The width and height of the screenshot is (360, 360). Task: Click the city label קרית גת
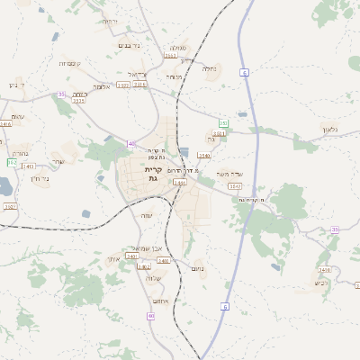pyautogui.click(x=152, y=174)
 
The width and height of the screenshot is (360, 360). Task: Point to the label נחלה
pyautogui.click(x=211, y=68)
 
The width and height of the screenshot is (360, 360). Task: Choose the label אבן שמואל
pyautogui.click(x=147, y=248)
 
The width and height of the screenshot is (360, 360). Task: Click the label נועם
pyautogui.click(x=198, y=268)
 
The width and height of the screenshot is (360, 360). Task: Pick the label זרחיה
pyautogui.click(x=110, y=21)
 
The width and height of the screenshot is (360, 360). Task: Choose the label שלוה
pyautogui.click(x=153, y=278)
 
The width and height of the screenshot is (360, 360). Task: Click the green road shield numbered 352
pyautogui.click(x=222, y=121)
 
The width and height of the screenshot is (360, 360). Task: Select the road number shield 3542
pyautogui.click(x=235, y=186)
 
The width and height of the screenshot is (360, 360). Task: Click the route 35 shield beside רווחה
pyautogui.click(x=61, y=94)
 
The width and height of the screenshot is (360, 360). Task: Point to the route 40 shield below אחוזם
pyautogui.click(x=150, y=316)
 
